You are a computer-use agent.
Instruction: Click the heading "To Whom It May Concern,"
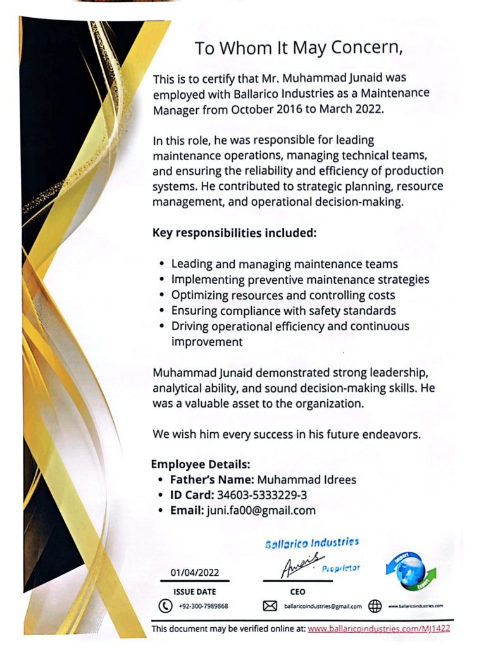tap(298, 49)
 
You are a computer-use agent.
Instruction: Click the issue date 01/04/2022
tap(194, 573)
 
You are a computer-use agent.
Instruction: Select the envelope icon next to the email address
tap(270, 606)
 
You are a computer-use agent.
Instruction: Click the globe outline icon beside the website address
tap(375, 606)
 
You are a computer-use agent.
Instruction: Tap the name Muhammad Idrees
tap(306, 480)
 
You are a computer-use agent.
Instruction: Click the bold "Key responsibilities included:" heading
tap(234, 233)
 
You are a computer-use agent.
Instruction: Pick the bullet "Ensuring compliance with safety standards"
tap(283, 311)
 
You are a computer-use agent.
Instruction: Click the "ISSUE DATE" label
tap(194, 592)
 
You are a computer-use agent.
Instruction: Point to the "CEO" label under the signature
tap(297, 592)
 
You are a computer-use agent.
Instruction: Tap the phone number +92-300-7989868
tap(203, 606)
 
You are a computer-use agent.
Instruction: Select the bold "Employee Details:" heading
tap(201, 464)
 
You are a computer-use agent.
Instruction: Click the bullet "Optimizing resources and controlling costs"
tap(283, 295)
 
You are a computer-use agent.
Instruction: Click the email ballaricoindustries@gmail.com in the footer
tap(323, 606)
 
